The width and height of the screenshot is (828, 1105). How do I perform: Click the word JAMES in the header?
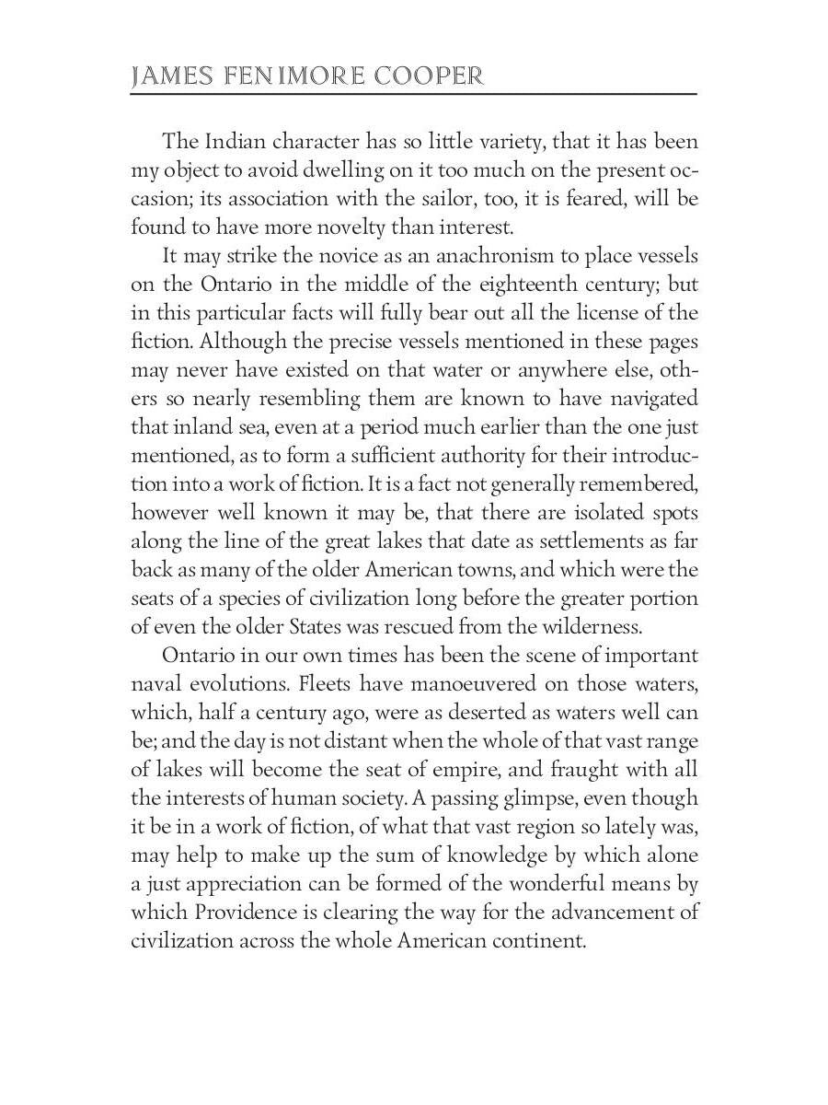coord(168,76)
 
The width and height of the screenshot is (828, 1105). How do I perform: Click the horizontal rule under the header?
coord(414,94)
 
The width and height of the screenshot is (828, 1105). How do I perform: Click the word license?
coord(610,313)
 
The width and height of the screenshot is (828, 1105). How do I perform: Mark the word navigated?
coord(650,399)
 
